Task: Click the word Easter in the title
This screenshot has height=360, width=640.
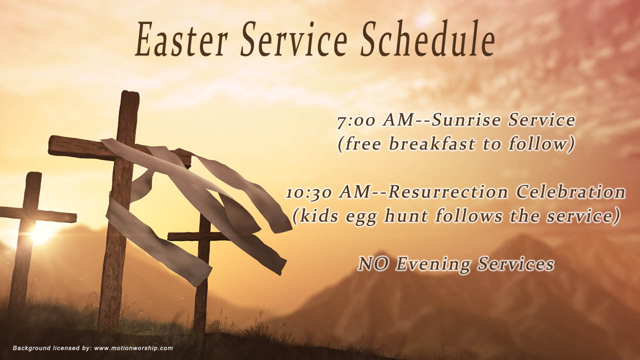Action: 181,39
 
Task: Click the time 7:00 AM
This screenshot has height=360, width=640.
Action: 375,121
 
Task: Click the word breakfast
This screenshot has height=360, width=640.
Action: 432,143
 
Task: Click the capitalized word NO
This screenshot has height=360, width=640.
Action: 373,264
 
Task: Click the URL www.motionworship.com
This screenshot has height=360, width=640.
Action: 133,348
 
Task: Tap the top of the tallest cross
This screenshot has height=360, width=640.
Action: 130,92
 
